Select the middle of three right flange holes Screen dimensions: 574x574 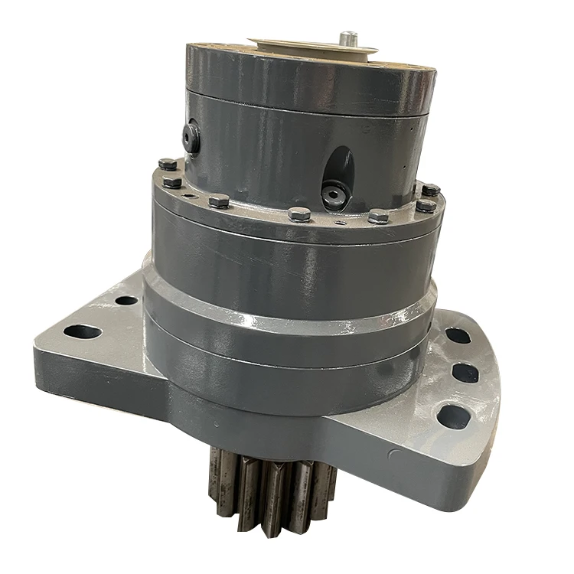coord(465,373)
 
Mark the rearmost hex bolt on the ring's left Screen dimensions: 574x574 coord(166,164)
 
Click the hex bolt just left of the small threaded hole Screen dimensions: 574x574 coord(172,182)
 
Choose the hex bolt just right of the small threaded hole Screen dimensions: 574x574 coord(219,201)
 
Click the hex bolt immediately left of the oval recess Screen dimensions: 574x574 coord(300,214)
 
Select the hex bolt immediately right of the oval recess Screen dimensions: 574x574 coord(378,216)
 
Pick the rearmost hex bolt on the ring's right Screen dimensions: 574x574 coord(431,189)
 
